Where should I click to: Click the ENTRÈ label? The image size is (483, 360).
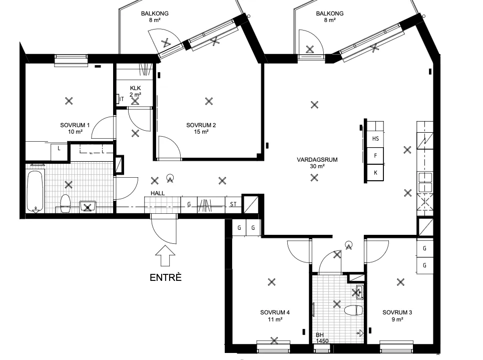(165, 277)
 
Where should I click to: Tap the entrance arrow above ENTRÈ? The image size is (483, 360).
(165, 255)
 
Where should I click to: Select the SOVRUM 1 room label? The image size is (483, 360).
(75, 129)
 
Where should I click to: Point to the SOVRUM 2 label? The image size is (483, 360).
(201, 129)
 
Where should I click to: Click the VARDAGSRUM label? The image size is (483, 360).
(317, 163)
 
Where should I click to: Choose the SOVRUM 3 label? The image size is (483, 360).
(397, 316)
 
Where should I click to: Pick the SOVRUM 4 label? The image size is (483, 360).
(275, 316)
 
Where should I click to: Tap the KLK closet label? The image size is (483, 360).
(135, 91)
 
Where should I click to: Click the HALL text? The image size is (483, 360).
(158, 193)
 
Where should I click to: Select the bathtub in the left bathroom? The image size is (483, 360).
(35, 191)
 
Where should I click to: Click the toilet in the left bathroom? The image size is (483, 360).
(66, 203)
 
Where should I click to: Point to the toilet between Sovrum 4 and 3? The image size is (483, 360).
(353, 310)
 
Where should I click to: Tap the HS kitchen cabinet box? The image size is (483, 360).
(375, 139)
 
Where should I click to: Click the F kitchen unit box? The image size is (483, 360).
(375, 156)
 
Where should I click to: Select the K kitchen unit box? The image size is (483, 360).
(375, 173)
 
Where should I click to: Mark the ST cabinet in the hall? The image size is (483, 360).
(233, 204)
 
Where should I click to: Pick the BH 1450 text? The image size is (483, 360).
(322, 338)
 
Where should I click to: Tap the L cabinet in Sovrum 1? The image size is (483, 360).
(59, 151)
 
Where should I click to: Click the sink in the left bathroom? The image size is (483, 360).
(88, 207)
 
